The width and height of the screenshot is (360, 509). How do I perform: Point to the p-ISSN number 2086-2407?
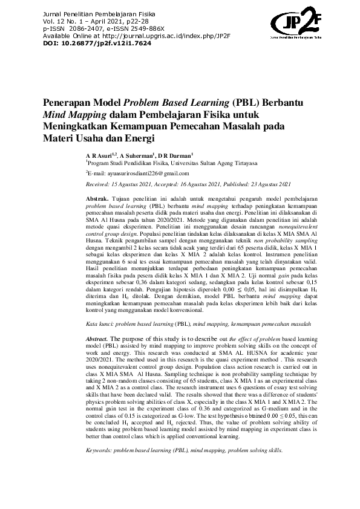pos(88,28)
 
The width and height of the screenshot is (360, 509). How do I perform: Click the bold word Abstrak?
pos(97,198)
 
